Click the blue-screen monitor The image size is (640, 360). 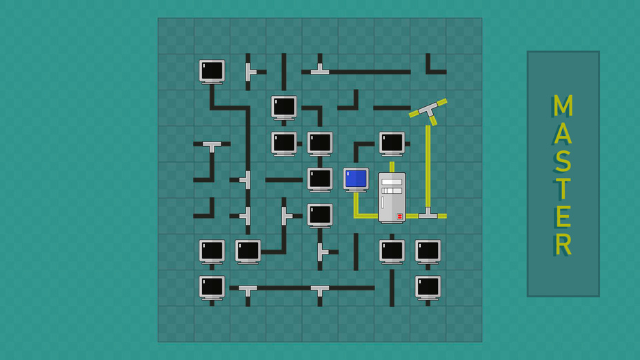(356, 180)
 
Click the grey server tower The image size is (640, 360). (392, 198)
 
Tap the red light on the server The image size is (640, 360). (399, 217)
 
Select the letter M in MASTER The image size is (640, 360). (563, 106)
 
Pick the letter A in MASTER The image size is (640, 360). (563, 133)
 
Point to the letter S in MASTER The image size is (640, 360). (563, 161)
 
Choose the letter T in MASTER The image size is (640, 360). (563, 188)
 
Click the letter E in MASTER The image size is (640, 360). (563, 217)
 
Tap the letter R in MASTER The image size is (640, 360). (563, 245)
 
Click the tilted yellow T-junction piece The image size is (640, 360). (428, 110)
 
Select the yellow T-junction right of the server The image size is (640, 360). (428, 213)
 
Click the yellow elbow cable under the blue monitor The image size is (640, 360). (365, 206)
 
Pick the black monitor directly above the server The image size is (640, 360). (392, 143)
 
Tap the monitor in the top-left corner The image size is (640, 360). (212, 72)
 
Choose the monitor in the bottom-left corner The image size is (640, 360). (212, 288)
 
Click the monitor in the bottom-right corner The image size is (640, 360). (428, 288)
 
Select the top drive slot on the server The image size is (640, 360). (392, 182)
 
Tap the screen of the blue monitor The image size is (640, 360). (356, 179)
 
